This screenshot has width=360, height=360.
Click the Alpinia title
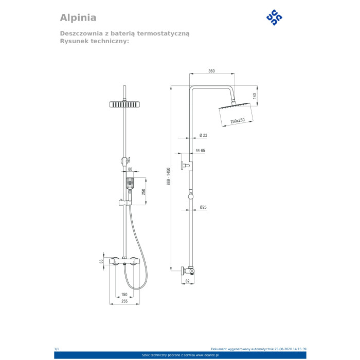click(x=78, y=18)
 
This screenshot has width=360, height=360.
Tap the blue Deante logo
click(x=274, y=17)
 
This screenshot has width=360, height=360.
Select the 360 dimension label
click(x=211, y=71)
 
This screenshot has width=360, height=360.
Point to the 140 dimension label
click(x=255, y=96)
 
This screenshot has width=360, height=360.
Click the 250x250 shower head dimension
click(x=238, y=120)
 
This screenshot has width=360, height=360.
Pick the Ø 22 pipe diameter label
click(x=204, y=135)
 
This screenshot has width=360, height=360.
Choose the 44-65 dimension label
click(x=200, y=151)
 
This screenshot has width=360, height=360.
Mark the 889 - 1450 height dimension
click(x=168, y=176)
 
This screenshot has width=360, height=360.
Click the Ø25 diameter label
click(x=203, y=207)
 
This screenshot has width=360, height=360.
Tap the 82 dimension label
click(x=187, y=281)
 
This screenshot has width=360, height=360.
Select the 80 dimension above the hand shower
click(x=130, y=169)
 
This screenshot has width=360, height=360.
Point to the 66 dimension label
click(x=101, y=261)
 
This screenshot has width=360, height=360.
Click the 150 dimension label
click(x=124, y=294)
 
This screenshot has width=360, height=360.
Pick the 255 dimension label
click(x=124, y=301)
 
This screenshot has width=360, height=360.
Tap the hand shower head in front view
click(x=130, y=183)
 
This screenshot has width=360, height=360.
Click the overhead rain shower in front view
click(x=124, y=104)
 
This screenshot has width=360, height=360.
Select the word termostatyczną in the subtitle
click(x=163, y=34)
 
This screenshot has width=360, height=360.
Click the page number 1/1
click(x=57, y=349)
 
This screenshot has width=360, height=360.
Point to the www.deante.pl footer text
click(x=207, y=355)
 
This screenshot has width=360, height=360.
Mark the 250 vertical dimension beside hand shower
click(x=143, y=192)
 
